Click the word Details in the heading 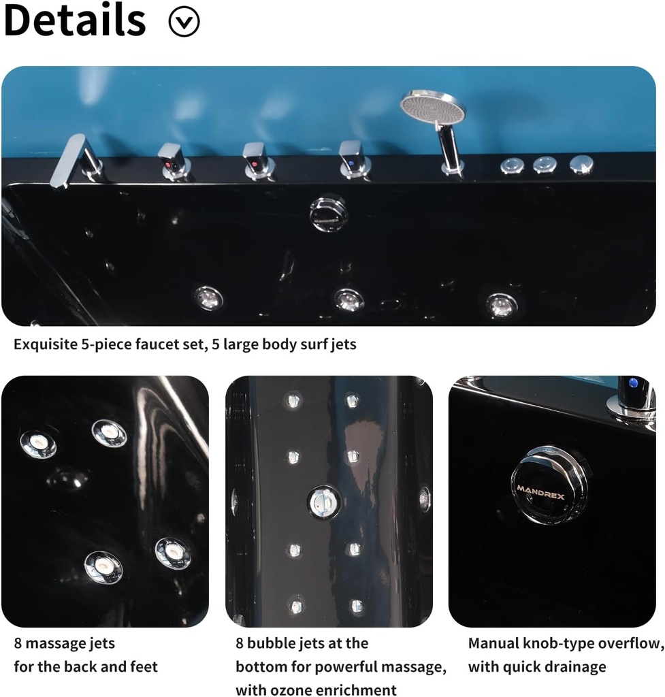75,20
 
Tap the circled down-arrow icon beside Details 184,22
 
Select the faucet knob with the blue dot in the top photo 353,159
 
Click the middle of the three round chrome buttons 545,164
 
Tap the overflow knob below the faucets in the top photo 329,213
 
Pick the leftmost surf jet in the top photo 208,297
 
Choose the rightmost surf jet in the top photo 502,304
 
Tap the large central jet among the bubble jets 323,502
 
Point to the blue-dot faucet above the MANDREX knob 634,395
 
